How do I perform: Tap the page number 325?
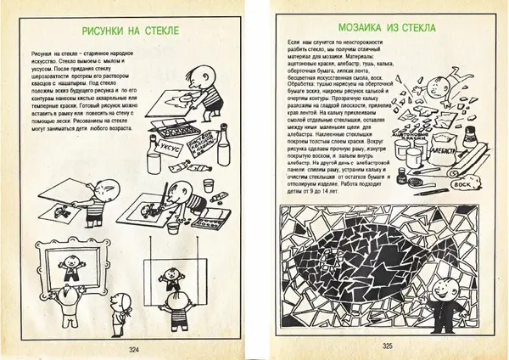[x=387, y=346]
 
